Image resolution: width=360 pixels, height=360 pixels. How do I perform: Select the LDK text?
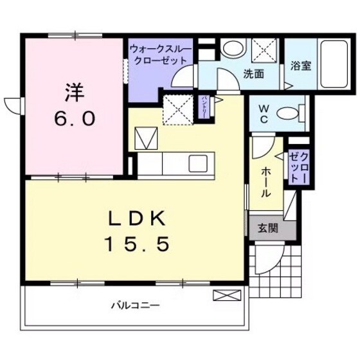(138, 219)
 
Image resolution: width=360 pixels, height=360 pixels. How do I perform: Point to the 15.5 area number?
(138, 244)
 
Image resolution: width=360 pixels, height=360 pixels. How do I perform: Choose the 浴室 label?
(301, 65)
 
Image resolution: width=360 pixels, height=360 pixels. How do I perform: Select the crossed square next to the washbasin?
(264, 50)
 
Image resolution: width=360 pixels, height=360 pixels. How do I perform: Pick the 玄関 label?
(268, 227)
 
